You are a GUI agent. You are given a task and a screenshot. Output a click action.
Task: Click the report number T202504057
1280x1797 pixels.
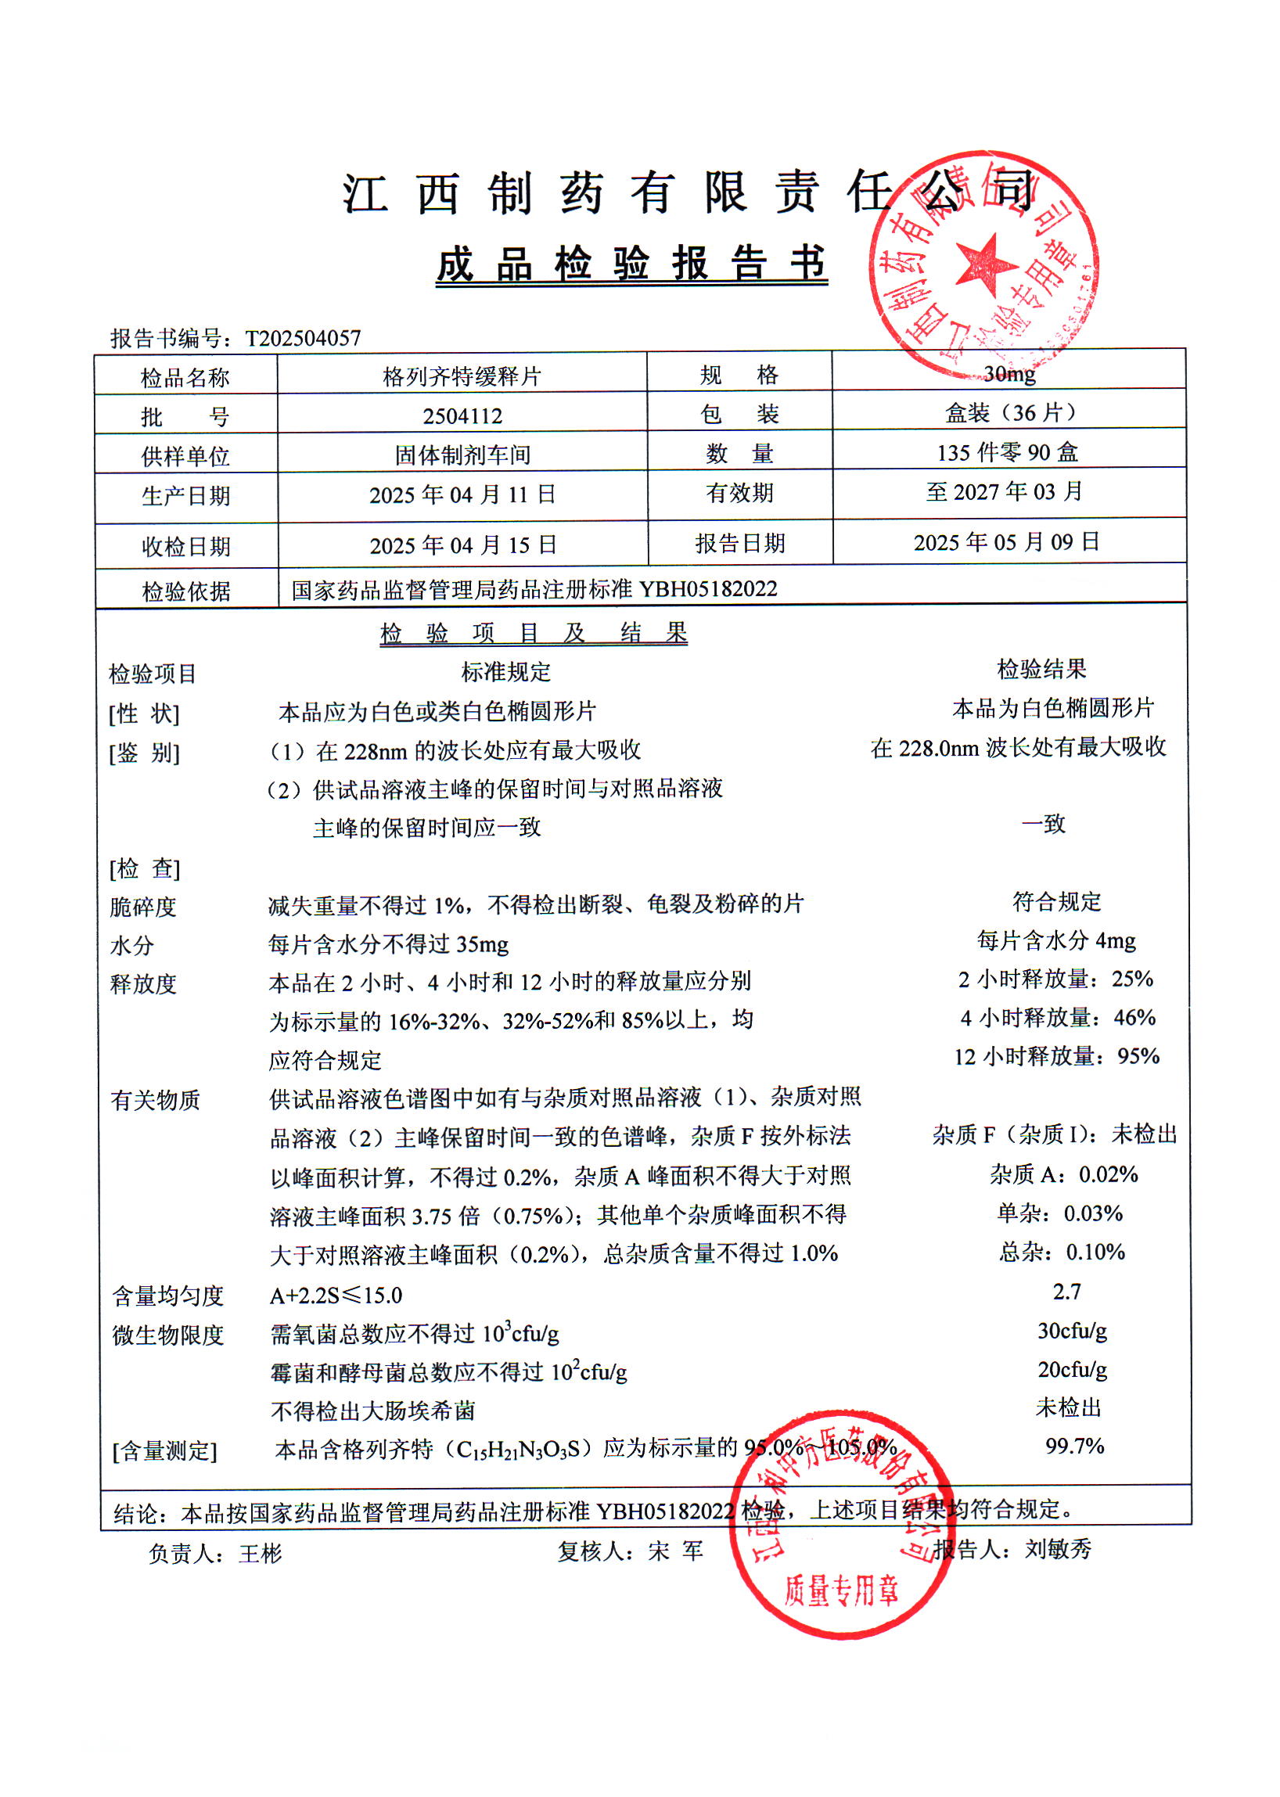coord(303,338)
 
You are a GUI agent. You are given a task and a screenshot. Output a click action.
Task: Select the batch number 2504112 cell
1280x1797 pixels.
coord(462,415)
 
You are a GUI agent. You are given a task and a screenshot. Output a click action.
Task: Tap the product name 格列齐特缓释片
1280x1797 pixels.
coord(462,376)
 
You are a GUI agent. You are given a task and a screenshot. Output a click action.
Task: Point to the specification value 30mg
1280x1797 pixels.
coord(1009,373)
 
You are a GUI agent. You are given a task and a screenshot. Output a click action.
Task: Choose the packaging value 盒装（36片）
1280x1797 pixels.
coord(1009,412)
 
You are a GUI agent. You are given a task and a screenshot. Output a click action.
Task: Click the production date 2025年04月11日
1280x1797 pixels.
coord(462,495)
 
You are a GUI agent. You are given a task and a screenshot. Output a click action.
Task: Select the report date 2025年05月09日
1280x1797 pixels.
coord(1006,542)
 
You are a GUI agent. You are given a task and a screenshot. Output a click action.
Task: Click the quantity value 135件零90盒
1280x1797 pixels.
coord(1006,452)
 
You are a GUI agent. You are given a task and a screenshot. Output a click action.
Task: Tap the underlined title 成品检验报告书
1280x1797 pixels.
coord(631,264)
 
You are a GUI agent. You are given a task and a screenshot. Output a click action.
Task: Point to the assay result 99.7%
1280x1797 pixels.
coord(1074,1446)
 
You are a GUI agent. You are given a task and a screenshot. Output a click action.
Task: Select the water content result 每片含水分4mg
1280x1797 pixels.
coord(1056,940)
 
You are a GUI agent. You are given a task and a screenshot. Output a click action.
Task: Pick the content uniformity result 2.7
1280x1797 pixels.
coord(1066,1291)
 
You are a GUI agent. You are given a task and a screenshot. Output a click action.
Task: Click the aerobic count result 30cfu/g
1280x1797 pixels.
coord(1072,1331)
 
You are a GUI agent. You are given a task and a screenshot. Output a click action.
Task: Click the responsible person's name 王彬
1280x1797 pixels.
coord(260,1554)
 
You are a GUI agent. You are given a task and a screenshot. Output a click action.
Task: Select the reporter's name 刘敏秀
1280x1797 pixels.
coord(1057,1550)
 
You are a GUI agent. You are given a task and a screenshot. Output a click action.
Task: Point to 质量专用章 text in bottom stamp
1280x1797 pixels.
coord(841,1590)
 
